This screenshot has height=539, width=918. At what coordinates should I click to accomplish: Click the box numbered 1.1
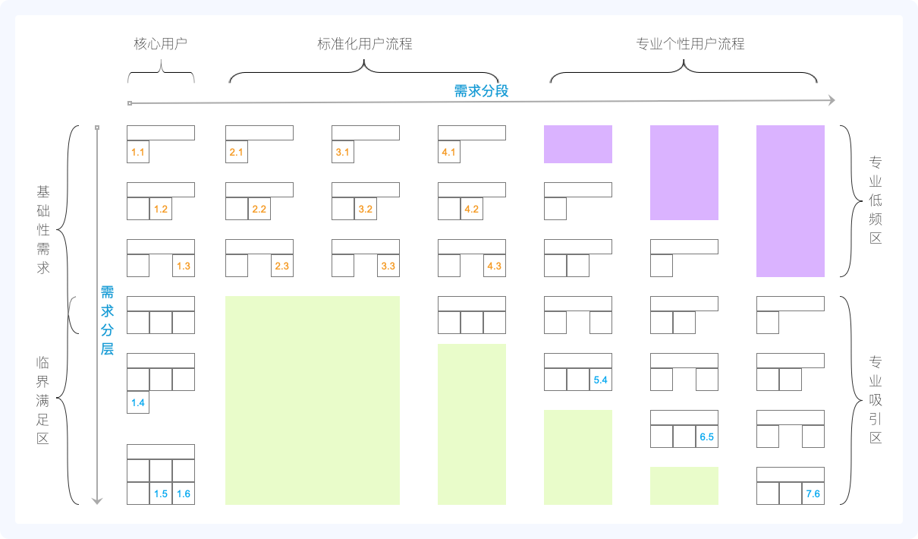138,152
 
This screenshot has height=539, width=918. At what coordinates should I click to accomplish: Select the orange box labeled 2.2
259,209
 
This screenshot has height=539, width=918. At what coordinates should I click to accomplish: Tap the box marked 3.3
388,266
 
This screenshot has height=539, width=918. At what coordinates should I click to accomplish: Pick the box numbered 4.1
449,152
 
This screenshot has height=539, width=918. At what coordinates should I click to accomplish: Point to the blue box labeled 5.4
601,380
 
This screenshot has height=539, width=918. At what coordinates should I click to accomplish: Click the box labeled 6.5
707,437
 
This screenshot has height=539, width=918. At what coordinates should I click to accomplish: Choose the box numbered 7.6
813,493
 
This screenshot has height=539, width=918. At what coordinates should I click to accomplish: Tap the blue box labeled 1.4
138,402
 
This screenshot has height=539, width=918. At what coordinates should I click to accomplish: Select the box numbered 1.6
184,493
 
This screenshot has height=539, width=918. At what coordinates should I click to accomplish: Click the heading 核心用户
160,44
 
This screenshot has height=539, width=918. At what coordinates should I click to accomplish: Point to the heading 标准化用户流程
365,44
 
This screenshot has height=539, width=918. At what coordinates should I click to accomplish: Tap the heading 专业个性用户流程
690,44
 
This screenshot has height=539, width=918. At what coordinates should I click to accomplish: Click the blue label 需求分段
481,91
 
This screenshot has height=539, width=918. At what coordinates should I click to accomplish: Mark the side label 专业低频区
876,200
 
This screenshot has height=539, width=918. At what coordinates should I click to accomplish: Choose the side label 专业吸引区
876,399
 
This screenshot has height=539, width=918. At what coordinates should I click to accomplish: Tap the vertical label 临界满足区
43,399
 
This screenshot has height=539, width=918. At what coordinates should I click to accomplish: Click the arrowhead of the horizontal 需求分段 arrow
832,101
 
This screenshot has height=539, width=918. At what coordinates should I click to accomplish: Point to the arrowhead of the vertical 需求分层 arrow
97,500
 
